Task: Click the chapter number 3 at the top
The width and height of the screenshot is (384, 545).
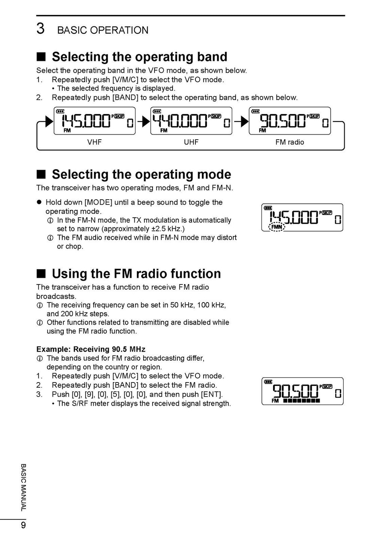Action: (40, 29)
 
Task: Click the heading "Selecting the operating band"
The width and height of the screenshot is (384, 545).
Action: (139, 57)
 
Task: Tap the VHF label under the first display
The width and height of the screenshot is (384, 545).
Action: (94, 142)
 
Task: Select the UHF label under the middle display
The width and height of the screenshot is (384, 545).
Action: (191, 142)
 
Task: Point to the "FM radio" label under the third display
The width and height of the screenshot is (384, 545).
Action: (289, 142)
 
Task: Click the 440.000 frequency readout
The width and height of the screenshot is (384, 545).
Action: (180, 121)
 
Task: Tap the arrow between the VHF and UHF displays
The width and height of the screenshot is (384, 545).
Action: (143, 122)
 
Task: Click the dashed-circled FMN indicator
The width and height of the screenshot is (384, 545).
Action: (277, 227)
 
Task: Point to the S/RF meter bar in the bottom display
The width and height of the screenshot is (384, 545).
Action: (301, 401)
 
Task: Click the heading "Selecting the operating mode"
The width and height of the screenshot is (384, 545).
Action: (141, 175)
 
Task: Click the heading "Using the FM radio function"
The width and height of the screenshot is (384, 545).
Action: (136, 274)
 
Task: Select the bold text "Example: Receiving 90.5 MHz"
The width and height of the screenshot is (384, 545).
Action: (91, 349)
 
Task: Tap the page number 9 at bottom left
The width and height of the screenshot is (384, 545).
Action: (23, 525)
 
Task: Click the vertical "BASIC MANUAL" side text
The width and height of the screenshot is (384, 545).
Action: (23, 487)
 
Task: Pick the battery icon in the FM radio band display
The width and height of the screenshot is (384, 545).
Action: (255, 111)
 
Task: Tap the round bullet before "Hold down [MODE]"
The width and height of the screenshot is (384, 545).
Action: (39, 202)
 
